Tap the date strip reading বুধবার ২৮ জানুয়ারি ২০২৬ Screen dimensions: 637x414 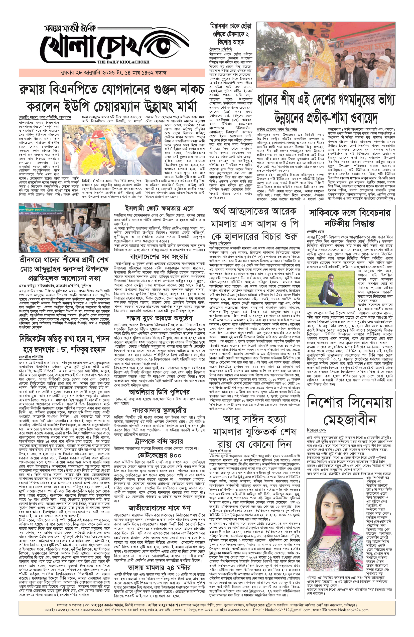click(x=112, y=73)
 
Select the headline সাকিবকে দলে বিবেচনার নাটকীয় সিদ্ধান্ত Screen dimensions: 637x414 click(x=349, y=218)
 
